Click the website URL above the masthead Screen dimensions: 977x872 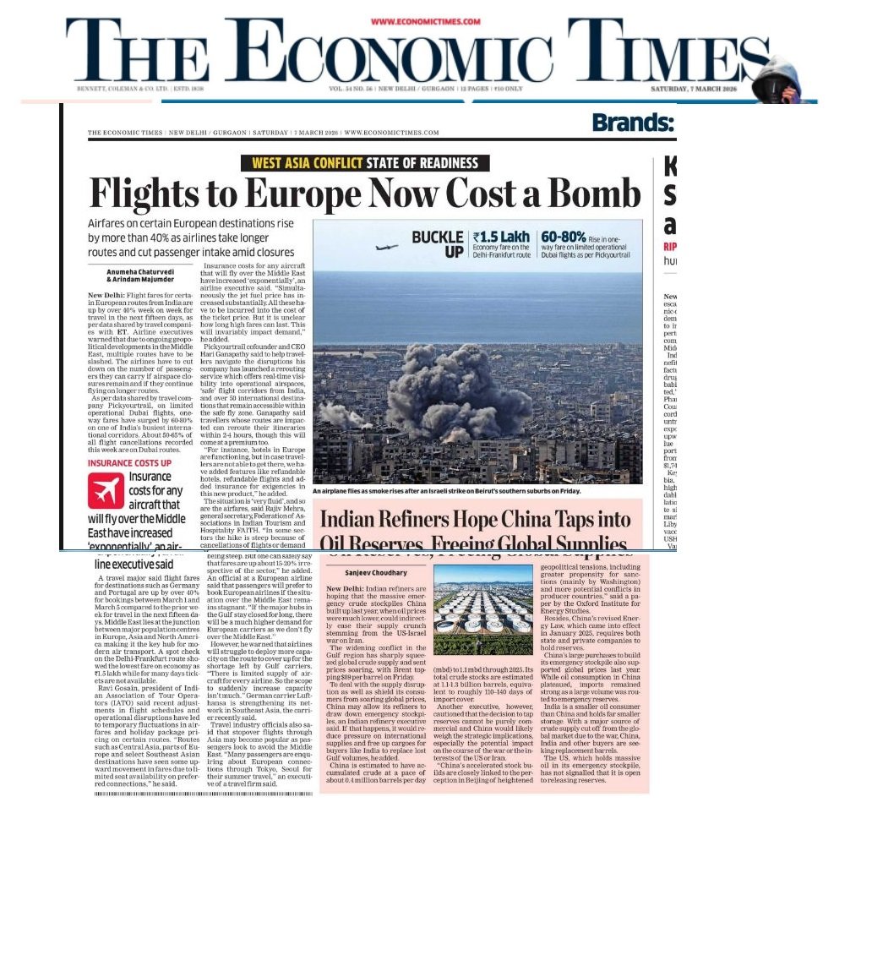425,22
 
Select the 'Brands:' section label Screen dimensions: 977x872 633,123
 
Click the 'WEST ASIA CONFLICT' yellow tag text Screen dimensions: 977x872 303,164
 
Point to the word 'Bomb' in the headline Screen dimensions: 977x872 592,194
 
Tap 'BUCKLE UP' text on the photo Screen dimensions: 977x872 438,244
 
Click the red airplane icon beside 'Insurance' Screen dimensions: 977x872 106,491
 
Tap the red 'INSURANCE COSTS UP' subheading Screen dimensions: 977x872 129,463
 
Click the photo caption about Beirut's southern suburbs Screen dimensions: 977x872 447,491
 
